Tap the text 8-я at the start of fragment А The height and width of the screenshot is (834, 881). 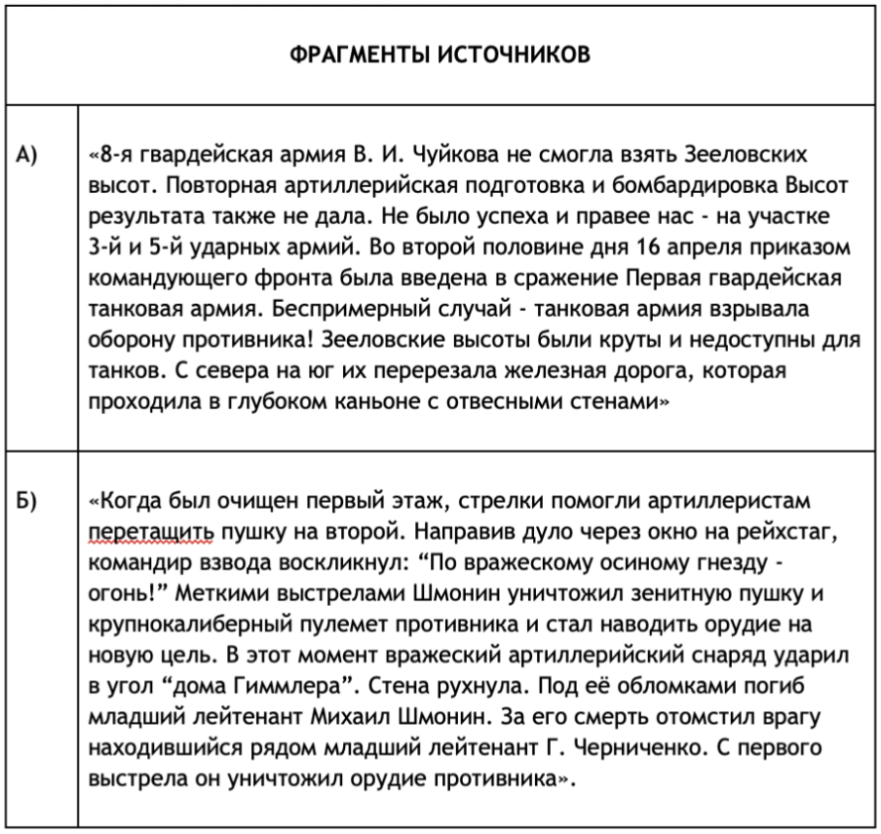(x=110, y=156)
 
